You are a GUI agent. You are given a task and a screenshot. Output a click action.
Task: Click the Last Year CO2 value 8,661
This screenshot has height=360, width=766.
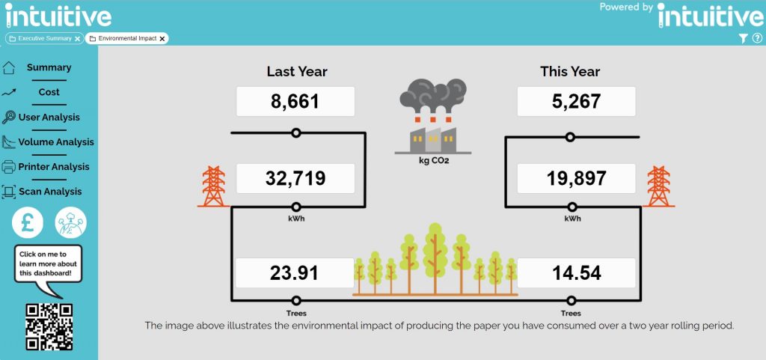click(295, 102)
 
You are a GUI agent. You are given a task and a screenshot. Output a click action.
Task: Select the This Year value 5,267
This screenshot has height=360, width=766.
click(576, 102)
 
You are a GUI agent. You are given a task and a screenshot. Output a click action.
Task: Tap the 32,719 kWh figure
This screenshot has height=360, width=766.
click(295, 178)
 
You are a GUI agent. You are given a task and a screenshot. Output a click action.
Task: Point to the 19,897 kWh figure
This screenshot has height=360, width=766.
click(576, 178)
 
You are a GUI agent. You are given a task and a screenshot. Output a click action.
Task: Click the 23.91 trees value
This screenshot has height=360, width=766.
click(294, 272)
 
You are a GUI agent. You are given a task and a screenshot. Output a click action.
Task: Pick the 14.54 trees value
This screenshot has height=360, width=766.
click(576, 272)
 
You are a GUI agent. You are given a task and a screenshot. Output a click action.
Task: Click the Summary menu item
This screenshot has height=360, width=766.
click(49, 67)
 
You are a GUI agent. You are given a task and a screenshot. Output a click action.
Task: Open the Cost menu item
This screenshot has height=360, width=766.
click(49, 92)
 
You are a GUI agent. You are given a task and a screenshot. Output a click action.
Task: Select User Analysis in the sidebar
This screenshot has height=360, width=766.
click(49, 118)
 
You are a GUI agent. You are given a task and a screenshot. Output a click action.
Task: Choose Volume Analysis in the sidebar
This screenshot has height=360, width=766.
click(56, 142)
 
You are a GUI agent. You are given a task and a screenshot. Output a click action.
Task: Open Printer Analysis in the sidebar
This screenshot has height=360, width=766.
click(54, 167)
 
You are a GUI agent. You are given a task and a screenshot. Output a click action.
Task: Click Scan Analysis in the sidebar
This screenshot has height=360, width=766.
click(50, 192)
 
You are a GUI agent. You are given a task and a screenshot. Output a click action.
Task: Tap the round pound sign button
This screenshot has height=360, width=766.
click(28, 222)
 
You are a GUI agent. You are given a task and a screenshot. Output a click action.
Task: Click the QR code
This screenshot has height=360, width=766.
click(49, 327)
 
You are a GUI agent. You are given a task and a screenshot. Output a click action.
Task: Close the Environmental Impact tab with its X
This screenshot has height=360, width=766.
click(162, 39)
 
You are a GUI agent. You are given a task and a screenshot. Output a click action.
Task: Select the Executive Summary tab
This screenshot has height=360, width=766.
click(44, 38)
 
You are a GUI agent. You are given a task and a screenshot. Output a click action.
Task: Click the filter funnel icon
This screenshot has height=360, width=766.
click(743, 38)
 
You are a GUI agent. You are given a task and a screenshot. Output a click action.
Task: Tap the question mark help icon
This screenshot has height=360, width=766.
click(757, 37)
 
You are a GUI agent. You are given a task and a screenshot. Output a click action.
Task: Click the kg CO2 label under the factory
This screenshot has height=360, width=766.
click(433, 159)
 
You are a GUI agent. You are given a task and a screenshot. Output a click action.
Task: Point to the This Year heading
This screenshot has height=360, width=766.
click(570, 72)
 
